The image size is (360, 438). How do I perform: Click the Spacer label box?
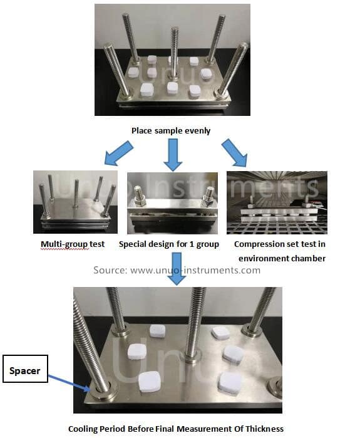point(24,370)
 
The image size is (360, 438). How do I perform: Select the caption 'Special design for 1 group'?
point(169,244)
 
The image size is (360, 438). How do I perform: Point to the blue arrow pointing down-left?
point(120,154)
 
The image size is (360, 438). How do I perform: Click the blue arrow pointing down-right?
point(234,154)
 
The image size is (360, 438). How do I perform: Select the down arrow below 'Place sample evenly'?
point(173,155)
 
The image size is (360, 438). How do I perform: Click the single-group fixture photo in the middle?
point(172,202)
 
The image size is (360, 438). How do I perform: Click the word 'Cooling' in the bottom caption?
point(85,429)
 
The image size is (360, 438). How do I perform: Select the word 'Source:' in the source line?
point(111,270)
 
